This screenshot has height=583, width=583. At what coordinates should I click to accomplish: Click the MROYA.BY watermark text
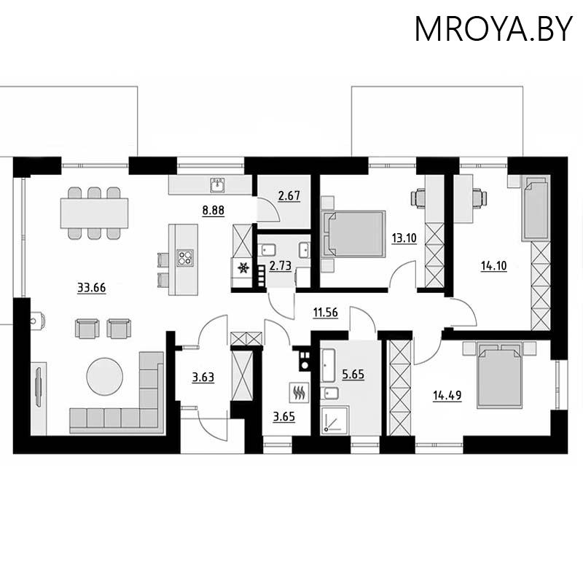pos(493,28)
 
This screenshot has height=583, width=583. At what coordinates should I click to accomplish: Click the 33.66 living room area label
pos(92,288)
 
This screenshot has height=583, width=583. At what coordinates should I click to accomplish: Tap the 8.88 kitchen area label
pos(214,211)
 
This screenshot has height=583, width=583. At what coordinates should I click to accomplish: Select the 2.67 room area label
pos(289,195)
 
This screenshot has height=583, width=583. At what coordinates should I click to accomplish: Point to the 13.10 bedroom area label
pos(404,238)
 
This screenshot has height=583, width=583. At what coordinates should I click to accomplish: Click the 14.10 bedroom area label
pos(494,266)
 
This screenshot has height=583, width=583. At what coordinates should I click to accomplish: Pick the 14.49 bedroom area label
pos(447,396)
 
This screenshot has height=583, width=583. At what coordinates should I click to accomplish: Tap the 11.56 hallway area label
pos(326,313)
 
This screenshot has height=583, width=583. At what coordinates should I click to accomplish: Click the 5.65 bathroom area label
pos(353,375)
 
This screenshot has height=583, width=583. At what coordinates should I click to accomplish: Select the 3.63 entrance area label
pos(203,377)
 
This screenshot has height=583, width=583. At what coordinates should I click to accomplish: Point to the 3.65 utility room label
pos(284,417)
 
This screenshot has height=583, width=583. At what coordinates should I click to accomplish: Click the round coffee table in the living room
pos(104,376)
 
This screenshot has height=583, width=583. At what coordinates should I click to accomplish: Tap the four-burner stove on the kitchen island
pos(185,258)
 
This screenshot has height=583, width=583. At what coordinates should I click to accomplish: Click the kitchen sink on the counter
pos(217,185)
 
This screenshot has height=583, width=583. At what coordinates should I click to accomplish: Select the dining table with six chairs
pos(95,213)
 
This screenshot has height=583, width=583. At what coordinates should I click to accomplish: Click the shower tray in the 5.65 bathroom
pos(335,420)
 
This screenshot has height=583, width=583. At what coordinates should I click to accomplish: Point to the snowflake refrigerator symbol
pos(243,267)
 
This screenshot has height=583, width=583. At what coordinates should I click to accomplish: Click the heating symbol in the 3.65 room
pos(299,392)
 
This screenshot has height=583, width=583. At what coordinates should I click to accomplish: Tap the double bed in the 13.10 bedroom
pos(353,234)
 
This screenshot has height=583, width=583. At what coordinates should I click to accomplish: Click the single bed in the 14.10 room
pos(536,208)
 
